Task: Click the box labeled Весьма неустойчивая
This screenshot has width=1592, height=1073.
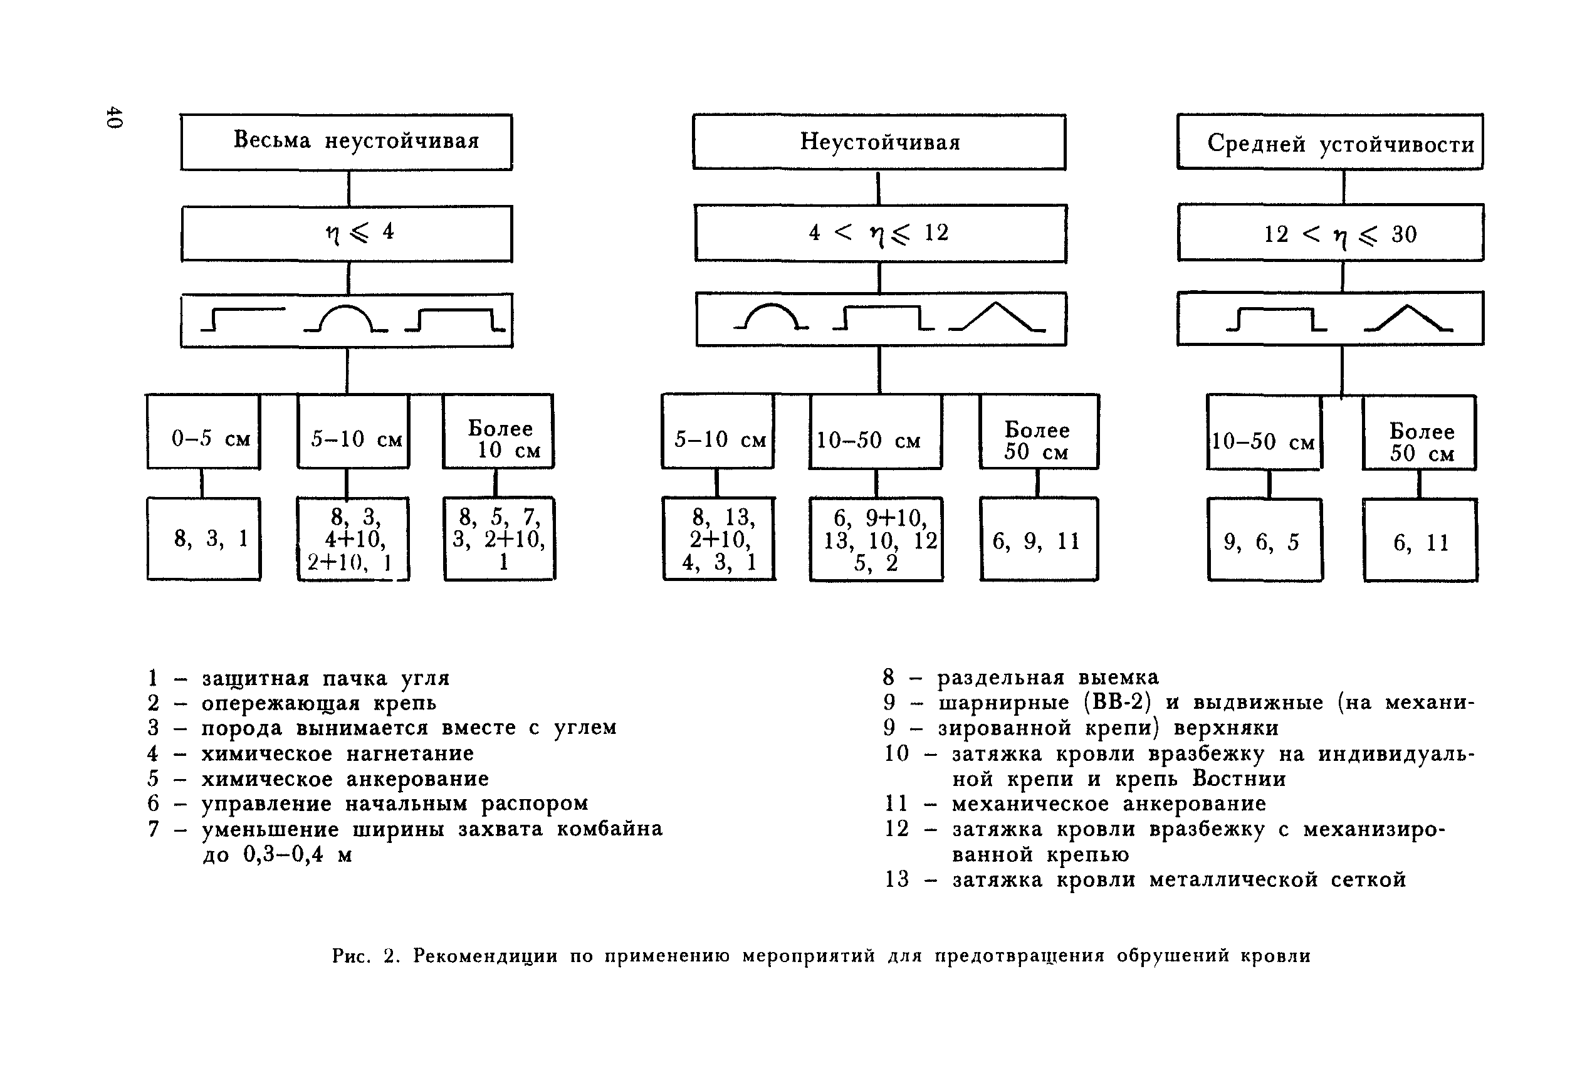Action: (x=346, y=142)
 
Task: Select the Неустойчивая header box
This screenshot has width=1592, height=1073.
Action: (x=879, y=142)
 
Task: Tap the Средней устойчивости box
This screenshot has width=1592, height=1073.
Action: (x=1329, y=142)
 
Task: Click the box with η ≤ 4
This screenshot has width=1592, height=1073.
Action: (x=346, y=233)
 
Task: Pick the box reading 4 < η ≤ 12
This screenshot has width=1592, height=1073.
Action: (x=880, y=233)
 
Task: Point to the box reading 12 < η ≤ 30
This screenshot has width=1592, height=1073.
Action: (x=1330, y=233)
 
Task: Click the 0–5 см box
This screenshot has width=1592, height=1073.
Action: (x=203, y=432)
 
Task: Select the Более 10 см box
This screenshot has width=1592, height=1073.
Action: (x=498, y=432)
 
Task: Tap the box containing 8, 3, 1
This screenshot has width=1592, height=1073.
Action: (x=203, y=539)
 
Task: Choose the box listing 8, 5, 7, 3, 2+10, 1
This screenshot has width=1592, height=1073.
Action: (x=499, y=539)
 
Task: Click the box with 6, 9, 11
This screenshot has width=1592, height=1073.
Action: (x=1039, y=540)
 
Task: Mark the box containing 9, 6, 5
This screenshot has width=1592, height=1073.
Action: (x=1264, y=541)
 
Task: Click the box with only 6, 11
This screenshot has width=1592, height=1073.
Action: (x=1420, y=542)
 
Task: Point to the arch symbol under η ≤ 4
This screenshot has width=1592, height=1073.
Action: (x=346, y=319)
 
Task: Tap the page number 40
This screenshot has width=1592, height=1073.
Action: (x=113, y=117)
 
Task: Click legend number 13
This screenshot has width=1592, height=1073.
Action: (x=896, y=879)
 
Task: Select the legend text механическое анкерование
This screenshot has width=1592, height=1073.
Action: (x=1108, y=803)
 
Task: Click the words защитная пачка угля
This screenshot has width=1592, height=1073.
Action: (x=325, y=678)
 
